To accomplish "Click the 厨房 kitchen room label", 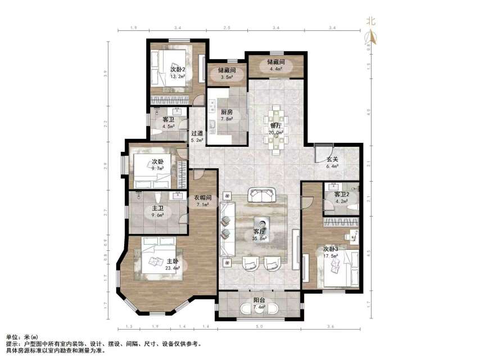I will [x=227, y=112].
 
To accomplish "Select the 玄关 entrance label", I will [x=332, y=159].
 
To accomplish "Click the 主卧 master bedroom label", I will [x=173, y=261].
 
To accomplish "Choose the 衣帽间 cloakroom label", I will [x=202, y=197].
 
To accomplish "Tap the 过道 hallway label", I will [x=196, y=134].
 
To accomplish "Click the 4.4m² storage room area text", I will [x=276, y=69].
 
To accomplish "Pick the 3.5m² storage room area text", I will [x=227, y=77].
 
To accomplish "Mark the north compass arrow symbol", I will [x=370, y=37].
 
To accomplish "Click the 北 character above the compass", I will [x=370, y=21].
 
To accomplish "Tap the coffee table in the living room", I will [x=260, y=222].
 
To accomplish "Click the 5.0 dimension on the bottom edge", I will [x=259, y=326].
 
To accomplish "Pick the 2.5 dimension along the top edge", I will [x=227, y=27].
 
